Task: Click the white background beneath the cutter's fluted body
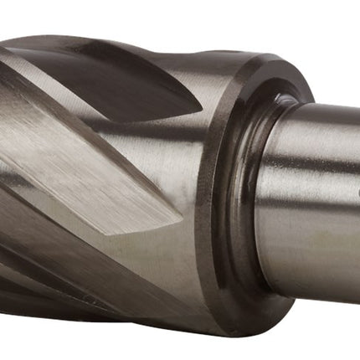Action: coord(126,347)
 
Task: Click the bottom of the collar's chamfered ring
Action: coord(251,322)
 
